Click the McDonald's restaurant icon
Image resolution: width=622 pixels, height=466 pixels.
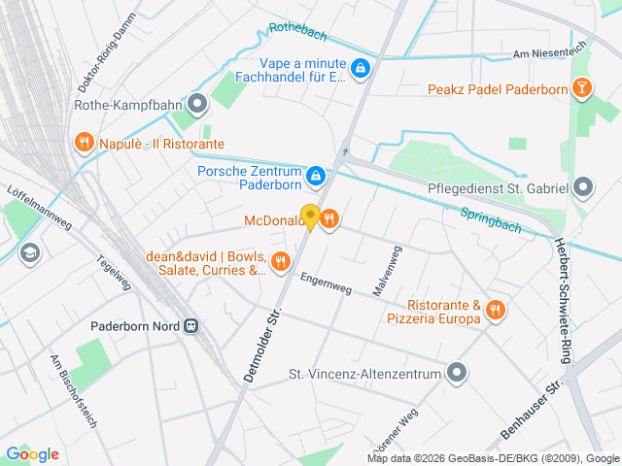pos(329,219)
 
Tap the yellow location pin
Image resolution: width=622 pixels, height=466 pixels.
pos(310,216)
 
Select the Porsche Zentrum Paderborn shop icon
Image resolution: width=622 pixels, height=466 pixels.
pos(315,176)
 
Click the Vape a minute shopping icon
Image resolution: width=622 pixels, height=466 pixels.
pos(360,68)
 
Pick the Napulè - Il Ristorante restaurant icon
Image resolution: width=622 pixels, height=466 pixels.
pos(84,144)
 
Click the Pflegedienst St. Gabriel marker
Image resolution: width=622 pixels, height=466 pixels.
pos(583,185)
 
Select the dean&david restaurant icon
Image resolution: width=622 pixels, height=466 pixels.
pos(281,260)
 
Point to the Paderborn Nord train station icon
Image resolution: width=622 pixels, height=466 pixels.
pos(192,326)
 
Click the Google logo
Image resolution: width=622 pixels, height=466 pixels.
pos(32,453)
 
